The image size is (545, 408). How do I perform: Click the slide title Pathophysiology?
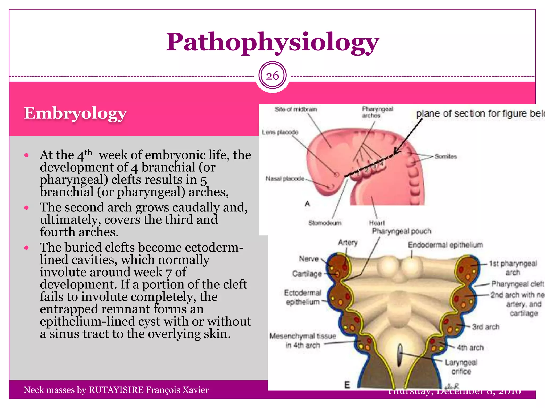pos(272,42)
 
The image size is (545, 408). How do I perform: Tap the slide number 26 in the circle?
pos(272,76)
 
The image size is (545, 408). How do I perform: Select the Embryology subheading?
pos(75,114)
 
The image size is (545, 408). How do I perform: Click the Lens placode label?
pos(280,132)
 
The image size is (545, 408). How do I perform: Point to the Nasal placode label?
pos(285,179)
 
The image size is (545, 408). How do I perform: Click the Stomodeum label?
pos(325,223)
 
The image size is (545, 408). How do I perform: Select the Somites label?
pos(446,156)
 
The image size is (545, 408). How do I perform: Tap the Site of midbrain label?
pos(296,109)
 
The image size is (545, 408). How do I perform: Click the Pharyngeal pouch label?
pos(401,231)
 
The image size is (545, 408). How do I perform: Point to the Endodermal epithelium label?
pos(445,245)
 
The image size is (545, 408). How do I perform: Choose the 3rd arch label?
pos(486,327)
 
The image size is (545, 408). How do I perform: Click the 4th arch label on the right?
pos(470,348)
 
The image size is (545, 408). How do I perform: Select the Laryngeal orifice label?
pos(461,367)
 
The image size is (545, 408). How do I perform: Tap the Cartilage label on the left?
pos(307,274)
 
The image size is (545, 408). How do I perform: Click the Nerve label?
pos(309,259)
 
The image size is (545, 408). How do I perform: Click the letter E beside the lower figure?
pos(347,385)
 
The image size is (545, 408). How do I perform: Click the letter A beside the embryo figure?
pos(307,204)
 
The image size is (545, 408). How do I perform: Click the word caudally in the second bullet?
pos(196,207)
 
